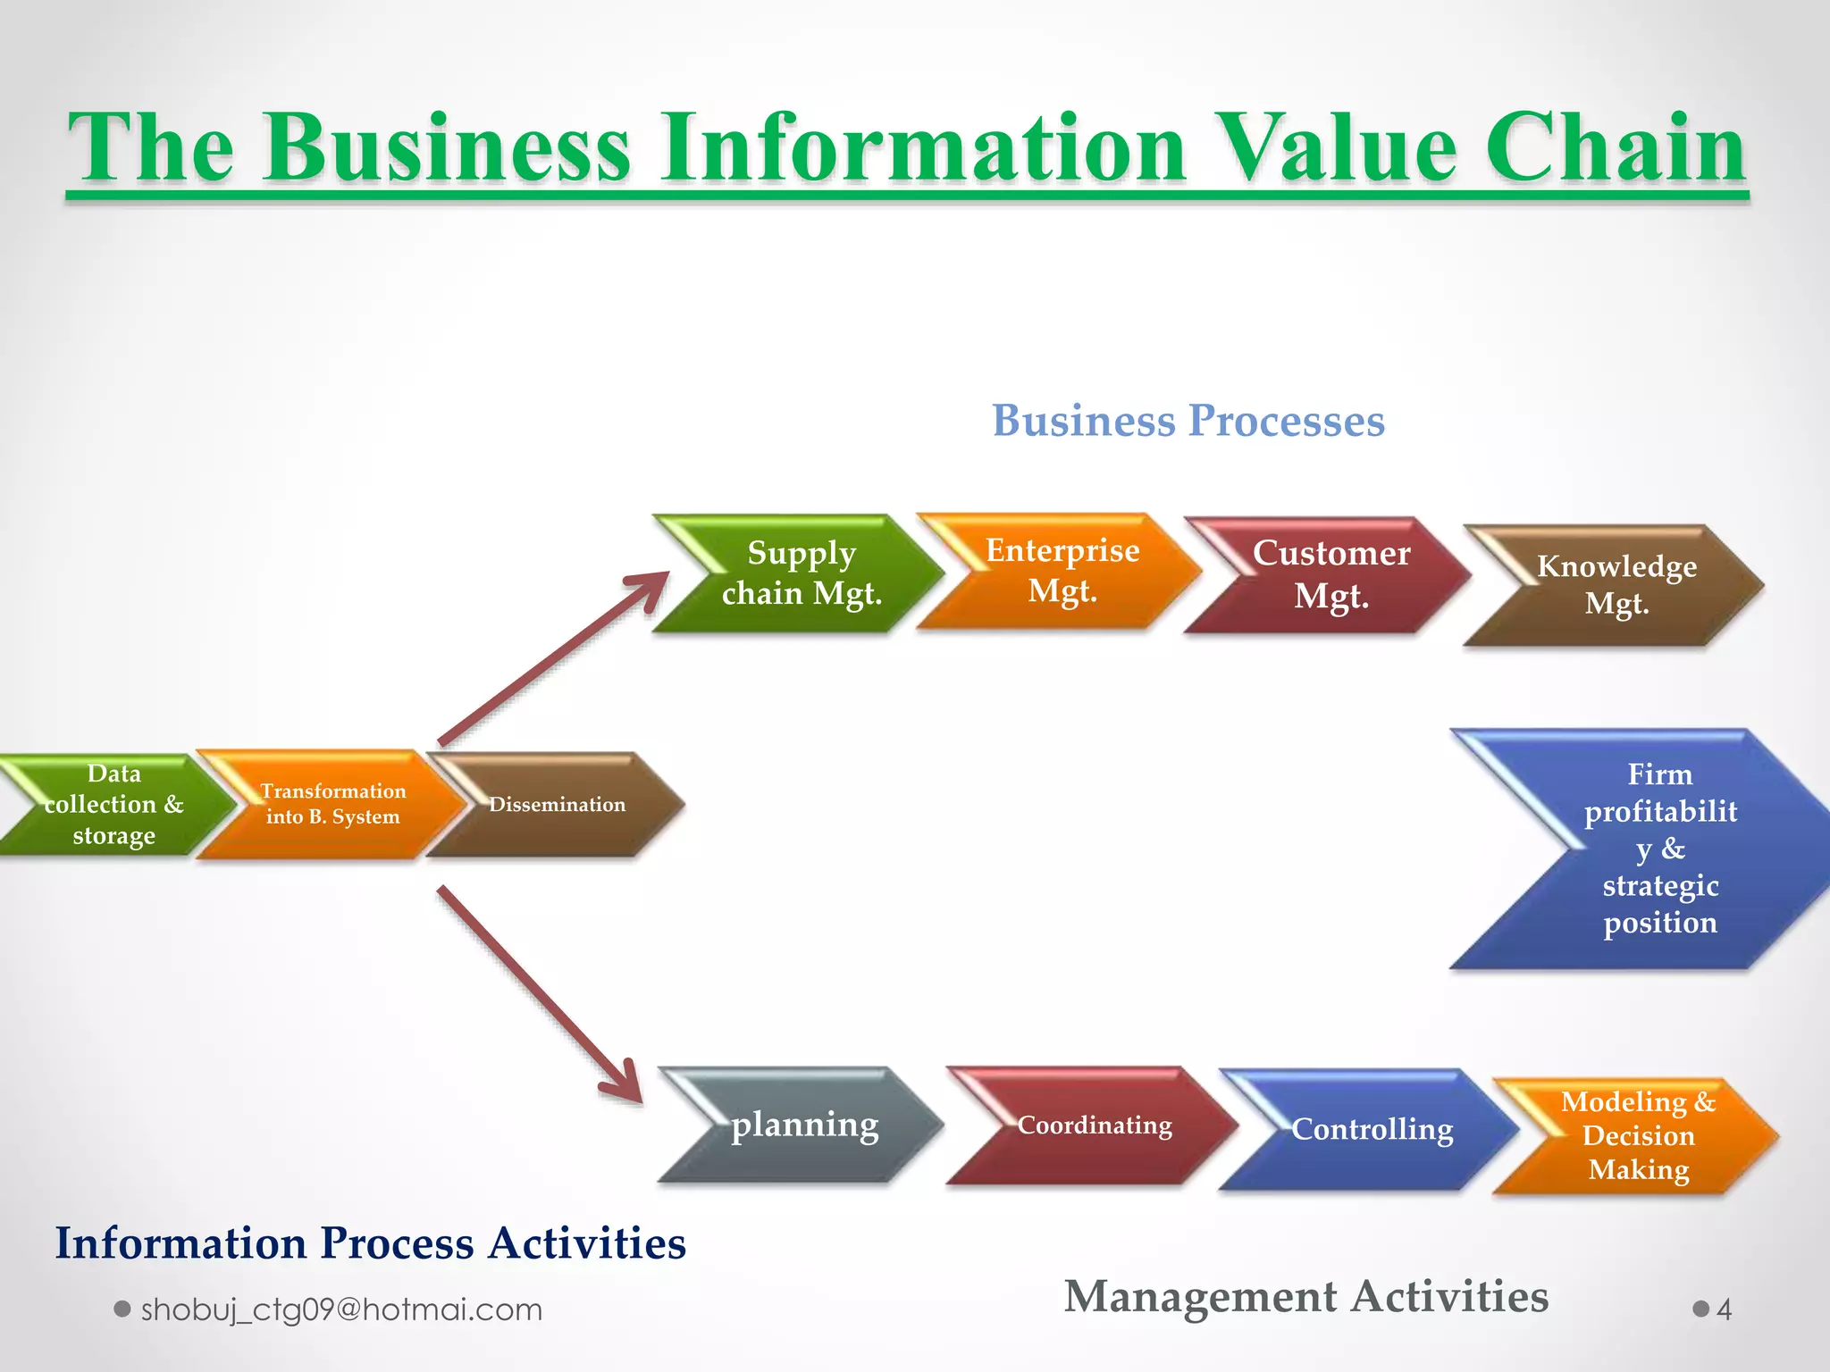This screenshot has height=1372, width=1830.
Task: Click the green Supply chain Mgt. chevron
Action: point(801,573)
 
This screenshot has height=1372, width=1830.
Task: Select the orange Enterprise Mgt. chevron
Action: point(1062,572)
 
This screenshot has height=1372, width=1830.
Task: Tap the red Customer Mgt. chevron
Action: point(1331,575)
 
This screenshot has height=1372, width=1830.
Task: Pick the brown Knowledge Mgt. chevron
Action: point(1616,585)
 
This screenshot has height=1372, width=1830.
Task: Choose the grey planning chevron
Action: point(804,1125)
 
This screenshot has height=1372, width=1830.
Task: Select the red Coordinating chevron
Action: point(1094,1125)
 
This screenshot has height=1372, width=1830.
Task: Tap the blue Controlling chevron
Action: point(1372,1129)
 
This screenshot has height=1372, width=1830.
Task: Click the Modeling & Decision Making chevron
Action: point(1638,1136)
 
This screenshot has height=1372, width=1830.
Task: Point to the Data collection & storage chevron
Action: point(114,805)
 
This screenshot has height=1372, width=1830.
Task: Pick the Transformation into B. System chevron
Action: point(332,804)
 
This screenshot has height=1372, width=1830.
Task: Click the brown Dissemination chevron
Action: point(557,805)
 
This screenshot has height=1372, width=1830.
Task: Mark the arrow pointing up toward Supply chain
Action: point(554,657)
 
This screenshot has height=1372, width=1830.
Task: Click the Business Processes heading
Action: point(1188,421)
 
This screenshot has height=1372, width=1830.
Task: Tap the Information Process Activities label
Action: point(370,1243)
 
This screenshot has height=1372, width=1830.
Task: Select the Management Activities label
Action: point(1305,1296)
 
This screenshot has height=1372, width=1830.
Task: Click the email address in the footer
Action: point(341,1309)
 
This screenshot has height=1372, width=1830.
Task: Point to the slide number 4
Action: point(1724,1310)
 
